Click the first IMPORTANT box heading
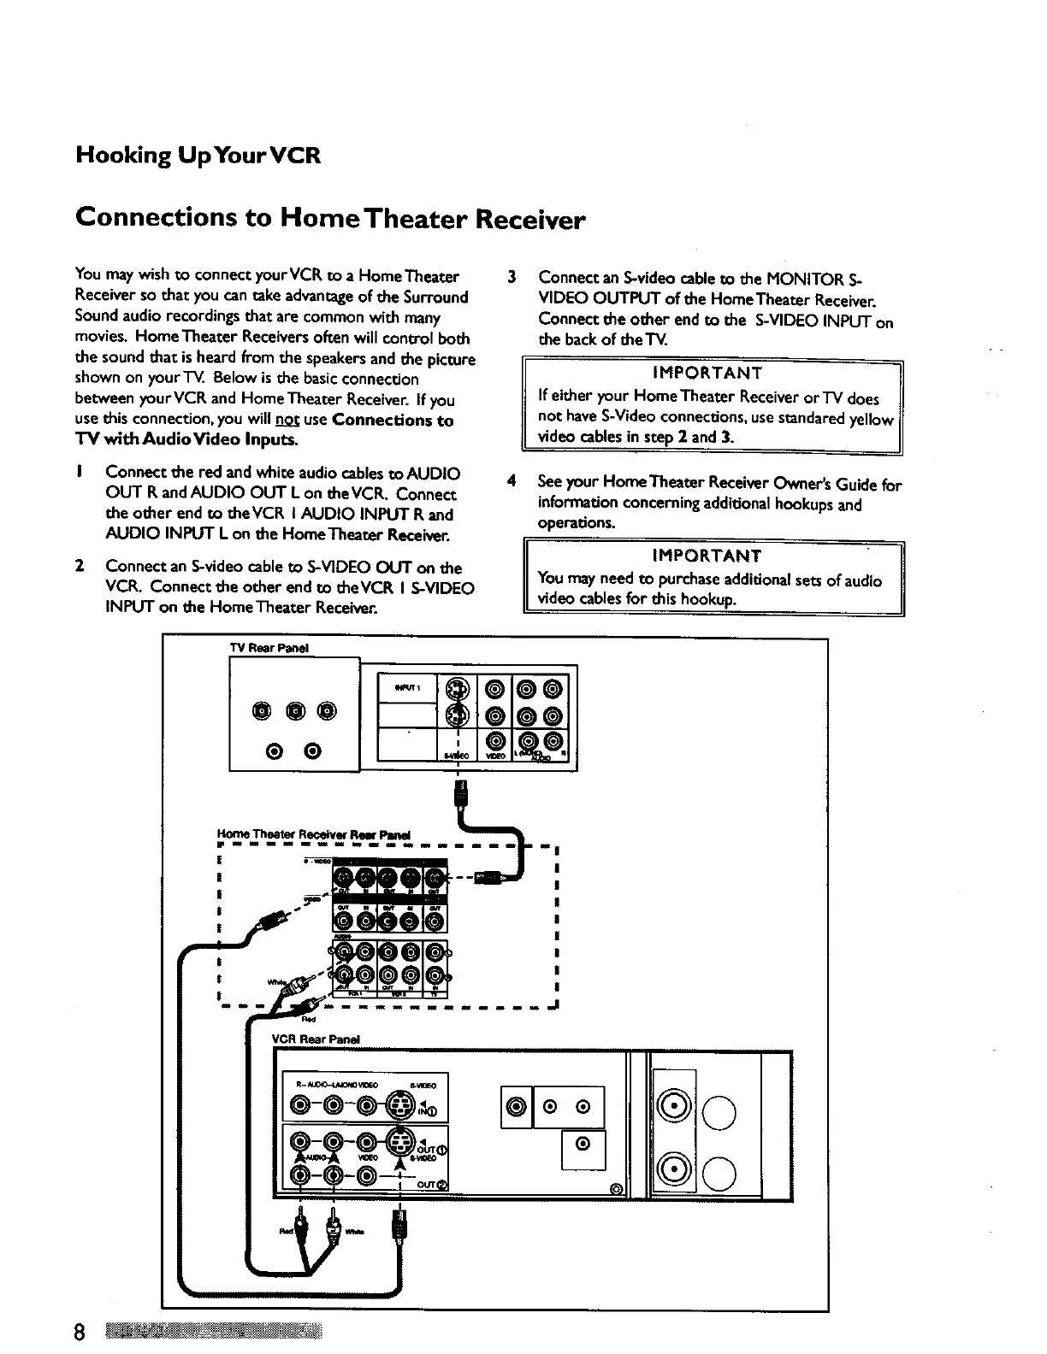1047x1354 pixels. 707,373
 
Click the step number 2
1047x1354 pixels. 79,566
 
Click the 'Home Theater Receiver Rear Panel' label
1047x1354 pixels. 314,834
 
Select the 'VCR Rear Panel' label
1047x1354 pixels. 316,1039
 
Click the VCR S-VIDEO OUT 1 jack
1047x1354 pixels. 399,1141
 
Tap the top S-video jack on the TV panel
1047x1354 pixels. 460,688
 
